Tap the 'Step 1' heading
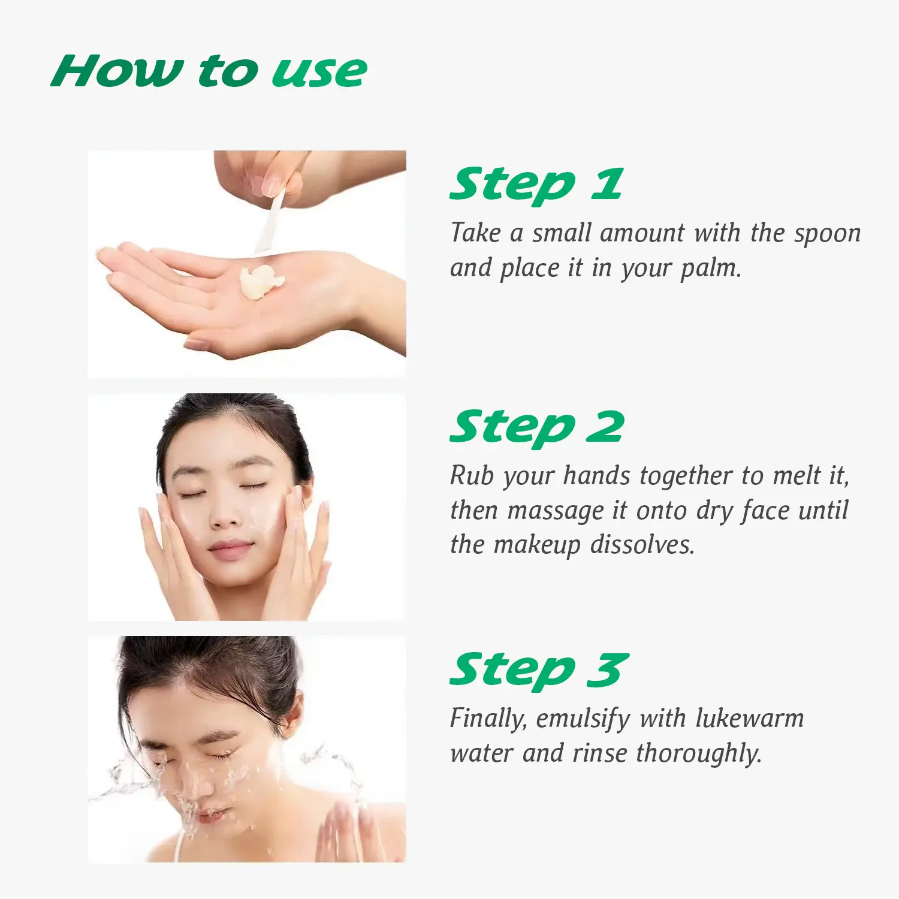coord(536,186)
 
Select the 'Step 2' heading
coord(537,429)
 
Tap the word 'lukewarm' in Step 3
coord(749,718)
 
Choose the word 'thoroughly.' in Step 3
coord(699,754)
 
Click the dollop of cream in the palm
coord(261,282)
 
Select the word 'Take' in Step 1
coord(475,233)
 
